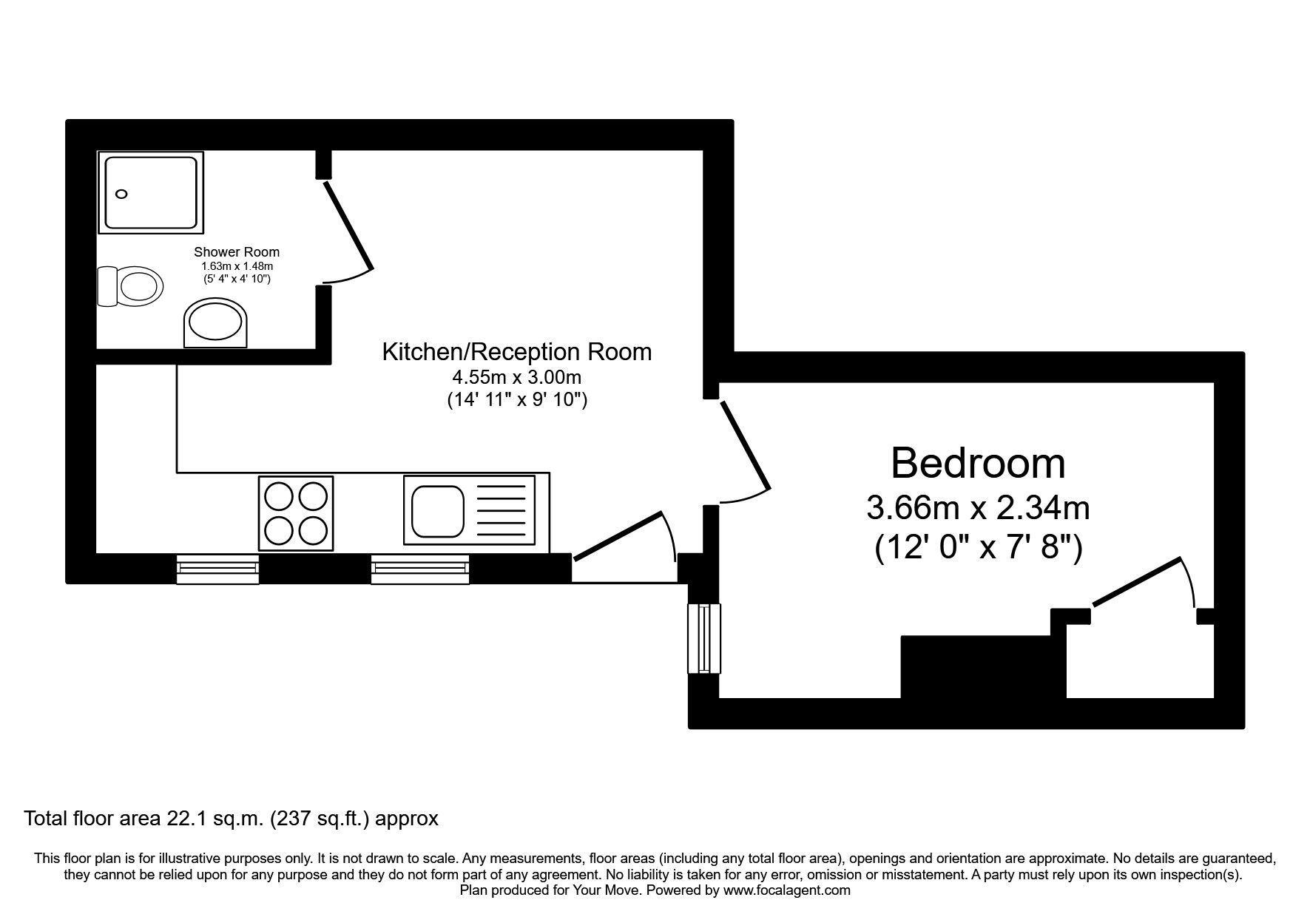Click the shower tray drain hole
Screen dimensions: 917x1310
(122, 194)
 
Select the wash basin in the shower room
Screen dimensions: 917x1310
(216, 323)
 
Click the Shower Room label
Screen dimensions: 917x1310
(237, 252)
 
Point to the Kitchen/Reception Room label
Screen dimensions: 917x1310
(516, 352)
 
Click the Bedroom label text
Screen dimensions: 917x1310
(977, 464)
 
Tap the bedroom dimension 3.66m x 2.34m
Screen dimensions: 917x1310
(977, 508)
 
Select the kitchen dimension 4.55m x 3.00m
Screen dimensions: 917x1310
(516, 377)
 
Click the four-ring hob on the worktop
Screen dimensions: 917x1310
(296, 513)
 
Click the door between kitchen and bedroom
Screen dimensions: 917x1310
(745, 445)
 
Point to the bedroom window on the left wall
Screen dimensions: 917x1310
(703, 638)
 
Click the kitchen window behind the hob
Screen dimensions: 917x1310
(217, 568)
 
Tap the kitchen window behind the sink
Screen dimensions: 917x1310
(420, 568)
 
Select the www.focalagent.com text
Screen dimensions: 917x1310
(786, 890)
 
